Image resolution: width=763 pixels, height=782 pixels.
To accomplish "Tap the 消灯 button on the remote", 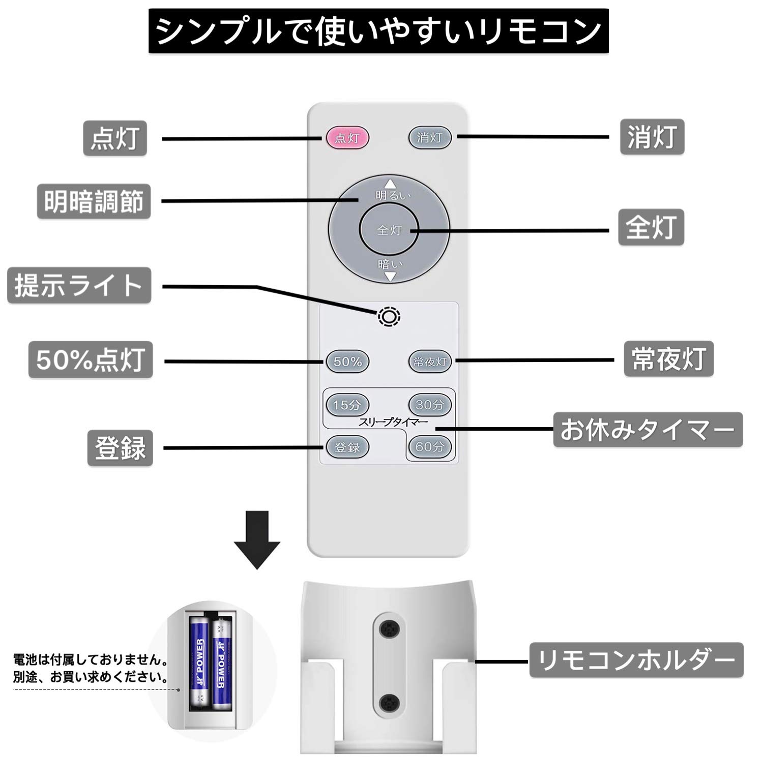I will pos(430,137).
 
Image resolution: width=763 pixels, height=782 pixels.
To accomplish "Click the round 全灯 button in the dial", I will pos(389,230).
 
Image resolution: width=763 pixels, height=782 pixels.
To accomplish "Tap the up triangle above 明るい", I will pos(390,184).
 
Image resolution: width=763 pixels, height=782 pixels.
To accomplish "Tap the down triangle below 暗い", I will pos(390,277).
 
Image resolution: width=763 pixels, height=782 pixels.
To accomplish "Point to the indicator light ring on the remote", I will pos(389,317).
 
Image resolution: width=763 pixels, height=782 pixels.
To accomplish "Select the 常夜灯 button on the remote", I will pos(430,362).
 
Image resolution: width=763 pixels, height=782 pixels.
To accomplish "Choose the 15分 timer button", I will pos(347,405).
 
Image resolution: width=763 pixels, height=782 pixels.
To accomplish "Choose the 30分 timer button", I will pos(430,405).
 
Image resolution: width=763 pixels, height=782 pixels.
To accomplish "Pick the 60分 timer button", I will pos(430,447).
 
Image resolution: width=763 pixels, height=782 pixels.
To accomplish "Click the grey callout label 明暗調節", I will pos(94,202).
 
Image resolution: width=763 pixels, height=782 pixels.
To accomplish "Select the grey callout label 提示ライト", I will pos(79,285).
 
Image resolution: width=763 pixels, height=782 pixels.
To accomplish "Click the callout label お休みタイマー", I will pos(648,430).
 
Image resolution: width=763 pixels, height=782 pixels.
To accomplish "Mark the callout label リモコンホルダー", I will pos(636,660).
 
